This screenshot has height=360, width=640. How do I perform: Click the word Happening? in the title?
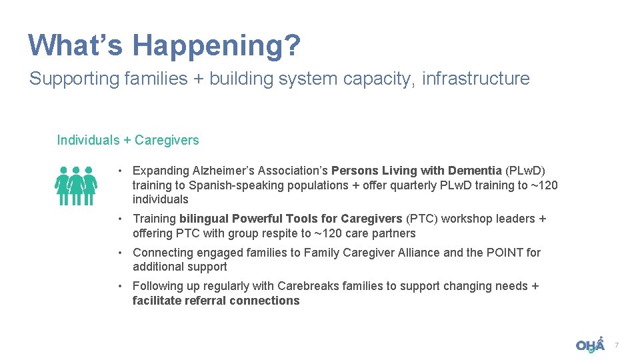pyautogui.click(x=217, y=45)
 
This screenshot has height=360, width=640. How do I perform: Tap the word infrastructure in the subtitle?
pyautogui.click(x=476, y=79)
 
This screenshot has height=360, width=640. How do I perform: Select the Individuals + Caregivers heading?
pyautogui.click(x=128, y=140)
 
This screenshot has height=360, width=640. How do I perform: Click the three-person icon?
pyautogui.click(x=76, y=185)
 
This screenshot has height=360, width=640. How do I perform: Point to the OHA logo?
pyautogui.click(x=590, y=345)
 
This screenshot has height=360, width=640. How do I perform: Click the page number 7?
pyautogui.click(x=617, y=345)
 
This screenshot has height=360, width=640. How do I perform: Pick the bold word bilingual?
pyautogui.click(x=204, y=219)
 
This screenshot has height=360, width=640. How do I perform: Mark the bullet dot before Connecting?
pyautogui.click(x=118, y=253)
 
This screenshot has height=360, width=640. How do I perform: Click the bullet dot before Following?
pyautogui.click(x=118, y=286)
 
